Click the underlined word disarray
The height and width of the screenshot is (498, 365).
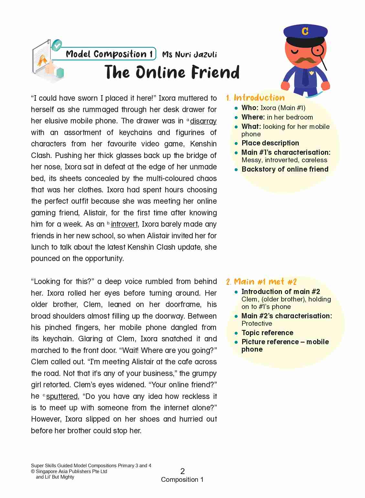[203, 121]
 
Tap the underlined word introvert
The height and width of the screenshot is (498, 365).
[124, 224]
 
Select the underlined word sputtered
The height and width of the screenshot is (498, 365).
[62, 396]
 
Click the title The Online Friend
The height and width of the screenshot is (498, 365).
[172, 72]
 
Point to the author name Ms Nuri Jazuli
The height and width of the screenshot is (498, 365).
[189, 54]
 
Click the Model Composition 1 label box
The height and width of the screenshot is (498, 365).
[109, 54]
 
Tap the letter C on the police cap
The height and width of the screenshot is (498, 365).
[305, 31]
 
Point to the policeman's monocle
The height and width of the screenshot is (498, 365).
[317, 51]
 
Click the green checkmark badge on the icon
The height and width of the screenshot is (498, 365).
[57, 45]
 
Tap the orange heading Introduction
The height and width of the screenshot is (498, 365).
[259, 98]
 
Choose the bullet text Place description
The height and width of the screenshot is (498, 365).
[270, 143]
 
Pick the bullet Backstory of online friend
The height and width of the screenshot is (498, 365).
[285, 169]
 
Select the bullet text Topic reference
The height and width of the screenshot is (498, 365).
[267, 333]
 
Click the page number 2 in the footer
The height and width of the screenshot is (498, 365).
[182, 471]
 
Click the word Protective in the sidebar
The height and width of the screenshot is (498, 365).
[257, 323]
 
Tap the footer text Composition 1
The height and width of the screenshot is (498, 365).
[182, 480]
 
